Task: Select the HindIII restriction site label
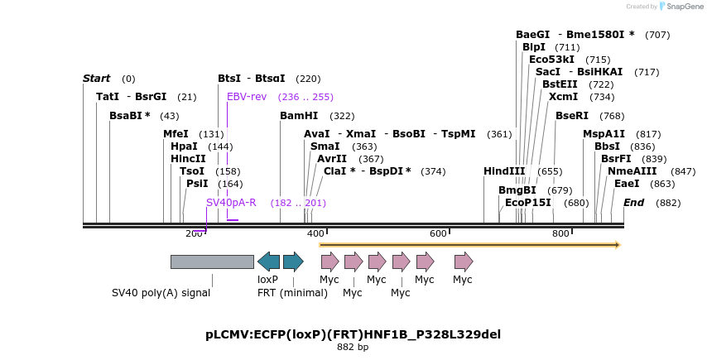(x=504, y=171)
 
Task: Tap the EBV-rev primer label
(x=247, y=97)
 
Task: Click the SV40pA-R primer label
(x=231, y=203)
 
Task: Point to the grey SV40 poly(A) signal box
(x=212, y=262)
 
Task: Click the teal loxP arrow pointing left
(x=268, y=262)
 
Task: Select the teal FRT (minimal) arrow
(x=293, y=262)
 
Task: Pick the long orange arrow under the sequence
(x=469, y=245)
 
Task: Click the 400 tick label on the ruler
(x=315, y=234)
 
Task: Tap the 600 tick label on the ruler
(x=438, y=234)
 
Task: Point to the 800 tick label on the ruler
(x=560, y=234)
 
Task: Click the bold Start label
(x=96, y=79)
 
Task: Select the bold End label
(x=633, y=203)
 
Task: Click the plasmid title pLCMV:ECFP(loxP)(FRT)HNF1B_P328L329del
(x=353, y=334)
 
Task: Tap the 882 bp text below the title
(x=353, y=348)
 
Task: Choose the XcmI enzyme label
(x=563, y=97)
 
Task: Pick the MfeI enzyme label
(x=176, y=134)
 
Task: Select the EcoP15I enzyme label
(x=527, y=203)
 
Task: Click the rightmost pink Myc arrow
(x=464, y=262)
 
